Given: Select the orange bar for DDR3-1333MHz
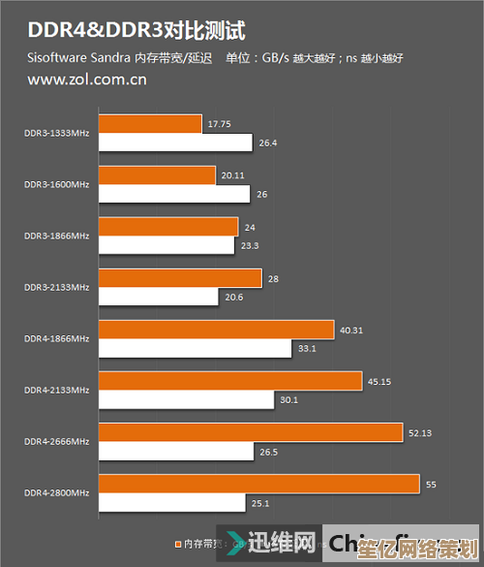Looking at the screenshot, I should pos(150,123).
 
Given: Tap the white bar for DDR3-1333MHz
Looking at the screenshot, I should pos(175,142).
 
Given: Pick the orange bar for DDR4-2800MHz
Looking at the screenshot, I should pos(258,483).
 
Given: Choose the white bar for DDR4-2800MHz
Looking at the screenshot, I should pos(171,502).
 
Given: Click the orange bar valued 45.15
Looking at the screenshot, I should pos(229,380).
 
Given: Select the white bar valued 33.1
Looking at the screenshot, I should pos(195,348).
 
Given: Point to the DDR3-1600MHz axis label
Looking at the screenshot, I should pos(57,184).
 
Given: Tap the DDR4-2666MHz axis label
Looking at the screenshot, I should pos(57,441).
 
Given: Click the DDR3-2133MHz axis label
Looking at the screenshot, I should pos(57,287).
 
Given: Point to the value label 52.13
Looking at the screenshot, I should pos(420,432).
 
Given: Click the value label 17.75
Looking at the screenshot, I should pos(219,123).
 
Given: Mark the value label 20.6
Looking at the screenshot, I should pos(234,297).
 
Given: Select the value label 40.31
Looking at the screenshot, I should pos(350,330).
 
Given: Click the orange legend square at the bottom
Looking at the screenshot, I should pos(178,543).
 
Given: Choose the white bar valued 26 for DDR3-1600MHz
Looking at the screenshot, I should pos(174,194).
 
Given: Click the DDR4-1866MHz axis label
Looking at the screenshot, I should pos(57,338).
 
